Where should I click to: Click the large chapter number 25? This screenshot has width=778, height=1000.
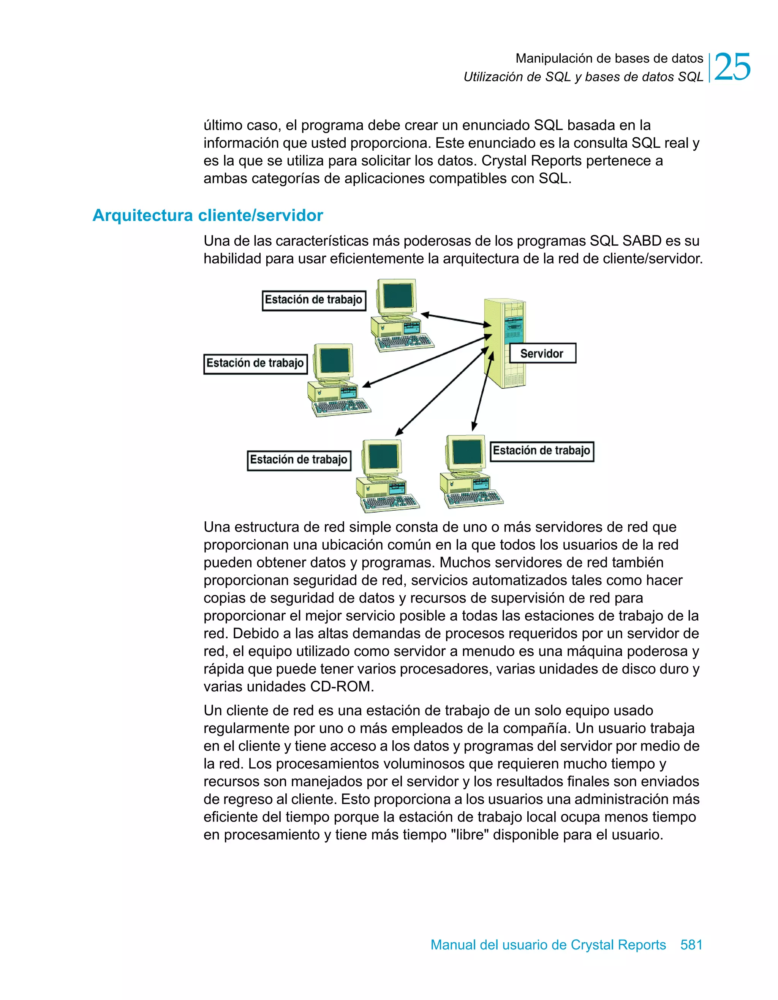click(x=732, y=67)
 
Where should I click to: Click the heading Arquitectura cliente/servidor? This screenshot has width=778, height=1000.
click(x=207, y=215)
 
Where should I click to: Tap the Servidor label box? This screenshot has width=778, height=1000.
click(x=542, y=353)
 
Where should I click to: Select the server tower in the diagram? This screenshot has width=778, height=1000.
click(x=504, y=344)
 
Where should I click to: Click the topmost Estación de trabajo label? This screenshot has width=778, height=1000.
click(x=314, y=300)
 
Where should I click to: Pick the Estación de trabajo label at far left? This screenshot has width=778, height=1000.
click(x=255, y=364)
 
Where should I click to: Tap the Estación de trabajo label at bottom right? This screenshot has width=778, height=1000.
click(x=542, y=451)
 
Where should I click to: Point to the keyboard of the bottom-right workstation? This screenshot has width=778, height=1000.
click(x=474, y=497)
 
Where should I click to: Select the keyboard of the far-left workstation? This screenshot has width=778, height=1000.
click(x=342, y=406)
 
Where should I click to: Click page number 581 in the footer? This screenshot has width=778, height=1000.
click(x=691, y=945)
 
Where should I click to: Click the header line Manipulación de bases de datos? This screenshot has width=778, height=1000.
click(x=609, y=58)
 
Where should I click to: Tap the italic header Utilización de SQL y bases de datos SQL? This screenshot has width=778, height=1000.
click(x=583, y=77)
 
